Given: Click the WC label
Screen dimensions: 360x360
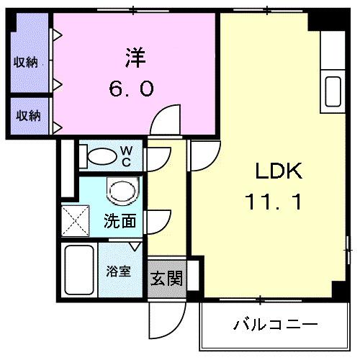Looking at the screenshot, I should pyautogui.click(x=125, y=155).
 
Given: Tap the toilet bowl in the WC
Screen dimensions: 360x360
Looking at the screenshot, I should pyautogui.click(x=102, y=156).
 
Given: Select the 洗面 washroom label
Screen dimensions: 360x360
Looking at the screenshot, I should pyautogui.click(x=120, y=221).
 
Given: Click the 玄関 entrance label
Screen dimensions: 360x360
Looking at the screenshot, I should pyautogui.click(x=166, y=279).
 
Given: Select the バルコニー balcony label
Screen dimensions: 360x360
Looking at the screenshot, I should pyautogui.click(x=275, y=324).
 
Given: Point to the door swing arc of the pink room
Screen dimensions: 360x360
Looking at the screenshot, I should pyautogui.click(x=168, y=116).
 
